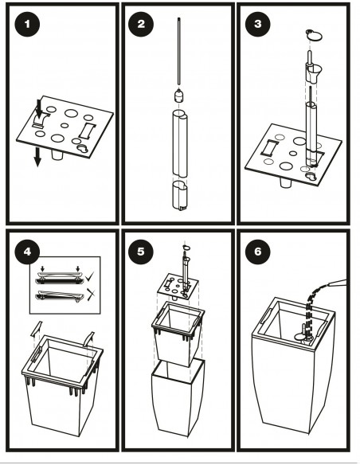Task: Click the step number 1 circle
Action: coord(27,24)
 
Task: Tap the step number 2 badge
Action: coord(141,24)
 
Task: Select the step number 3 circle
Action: coord(258,24)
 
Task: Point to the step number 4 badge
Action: coord(27,252)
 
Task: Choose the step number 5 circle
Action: coord(141,252)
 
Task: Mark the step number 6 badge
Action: coord(258,252)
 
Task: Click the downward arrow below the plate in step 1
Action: coord(37,157)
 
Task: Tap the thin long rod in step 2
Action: coord(179,51)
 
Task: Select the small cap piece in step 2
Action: coord(179,96)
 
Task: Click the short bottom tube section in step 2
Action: coord(179,196)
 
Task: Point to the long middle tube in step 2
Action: coord(180,143)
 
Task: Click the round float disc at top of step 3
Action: coord(314,36)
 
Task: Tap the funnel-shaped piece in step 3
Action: coord(315,73)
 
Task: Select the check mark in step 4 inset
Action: coord(90,277)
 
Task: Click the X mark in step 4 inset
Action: coord(91,295)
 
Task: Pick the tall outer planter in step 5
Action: coord(178,397)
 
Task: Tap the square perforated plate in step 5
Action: coord(178,286)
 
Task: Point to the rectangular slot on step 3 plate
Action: coord(269,147)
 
